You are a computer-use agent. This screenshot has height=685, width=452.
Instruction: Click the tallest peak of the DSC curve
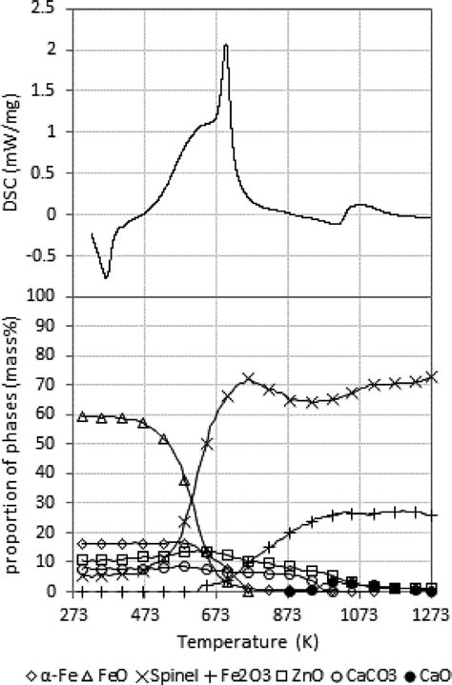(226, 45)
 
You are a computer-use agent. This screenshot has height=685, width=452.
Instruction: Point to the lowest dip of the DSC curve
(107, 277)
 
